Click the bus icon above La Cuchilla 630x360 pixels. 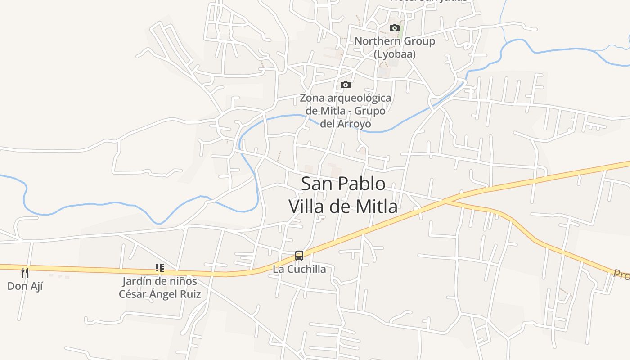click(299, 256)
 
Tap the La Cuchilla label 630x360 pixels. click(299, 269)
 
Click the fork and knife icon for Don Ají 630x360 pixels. click(25, 272)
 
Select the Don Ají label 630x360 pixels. click(25, 286)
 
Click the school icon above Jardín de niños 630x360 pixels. click(159, 268)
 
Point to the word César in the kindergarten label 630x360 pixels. click(133, 294)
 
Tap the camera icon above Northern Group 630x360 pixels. click(395, 28)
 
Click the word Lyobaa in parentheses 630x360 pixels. click(395, 54)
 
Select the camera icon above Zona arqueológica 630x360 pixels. click(345, 85)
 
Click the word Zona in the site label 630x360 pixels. click(312, 98)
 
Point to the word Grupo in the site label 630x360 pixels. click(370, 111)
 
